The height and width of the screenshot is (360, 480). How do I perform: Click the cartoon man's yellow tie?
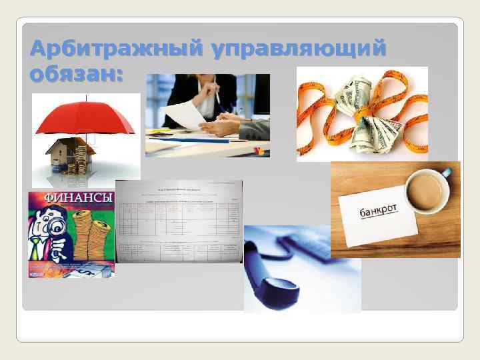click(x=39, y=247)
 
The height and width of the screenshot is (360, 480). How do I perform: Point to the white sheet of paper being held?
click(x=183, y=116)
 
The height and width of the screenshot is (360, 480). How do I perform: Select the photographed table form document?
click(x=179, y=221)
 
